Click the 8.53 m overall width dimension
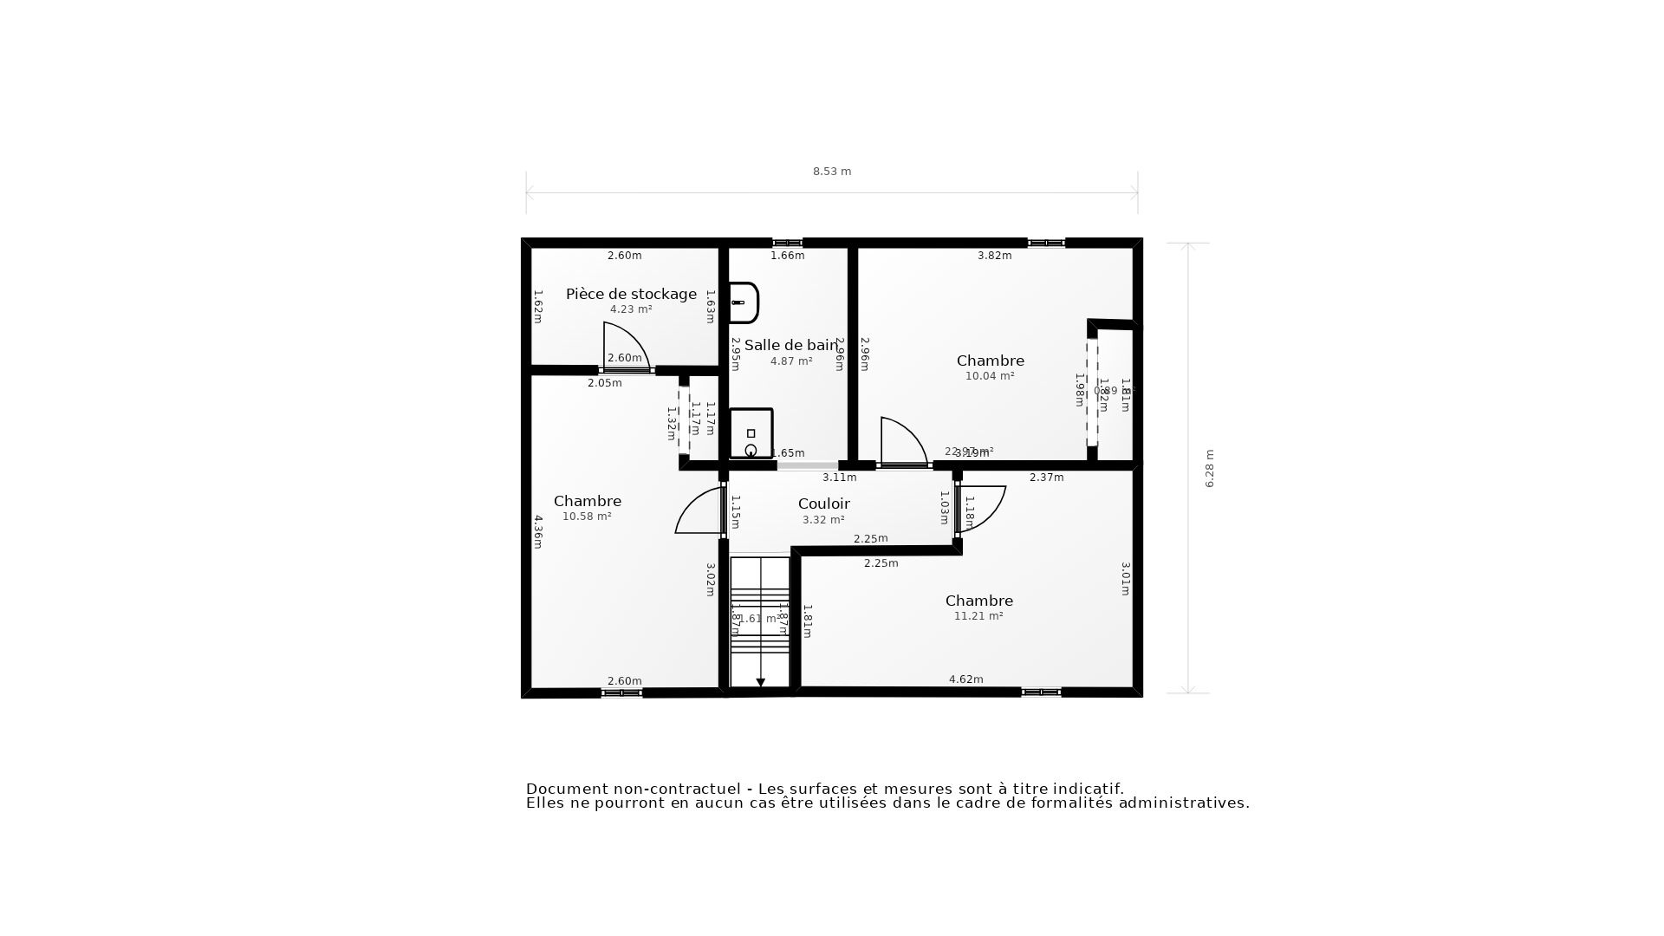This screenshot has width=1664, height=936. pyautogui.click(x=831, y=172)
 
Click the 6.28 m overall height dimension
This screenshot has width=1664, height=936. pyautogui.click(x=1210, y=468)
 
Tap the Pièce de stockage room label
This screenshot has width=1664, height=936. pyautogui.click(x=631, y=294)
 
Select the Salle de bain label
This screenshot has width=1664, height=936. pyautogui.click(x=790, y=345)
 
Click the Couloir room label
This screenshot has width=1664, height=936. pyautogui.click(x=823, y=504)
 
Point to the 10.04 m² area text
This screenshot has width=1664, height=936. pyautogui.click(x=990, y=376)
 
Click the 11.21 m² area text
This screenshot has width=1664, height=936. pyautogui.click(x=978, y=616)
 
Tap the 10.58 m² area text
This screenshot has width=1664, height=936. pyautogui.click(x=587, y=517)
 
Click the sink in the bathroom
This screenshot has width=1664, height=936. pyautogui.click(x=744, y=302)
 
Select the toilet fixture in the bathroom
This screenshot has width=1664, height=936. pyautogui.click(x=751, y=433)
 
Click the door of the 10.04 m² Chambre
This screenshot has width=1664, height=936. pyautogui.click(x=902, y=442)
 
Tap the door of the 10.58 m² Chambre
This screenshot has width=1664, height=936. pyautogui.click(x=699, y=512)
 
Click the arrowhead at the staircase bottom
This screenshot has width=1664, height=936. pyautogui.click(x=761, y=683)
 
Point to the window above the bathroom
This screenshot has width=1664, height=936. pyautogui.click(x=787, y=243)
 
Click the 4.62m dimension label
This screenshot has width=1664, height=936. pyautogui.click(x=965, y=679)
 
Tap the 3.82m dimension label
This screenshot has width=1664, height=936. pyautogui.click(x=994, y=256)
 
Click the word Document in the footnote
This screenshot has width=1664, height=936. pyautogui.click(x=568, y=789)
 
